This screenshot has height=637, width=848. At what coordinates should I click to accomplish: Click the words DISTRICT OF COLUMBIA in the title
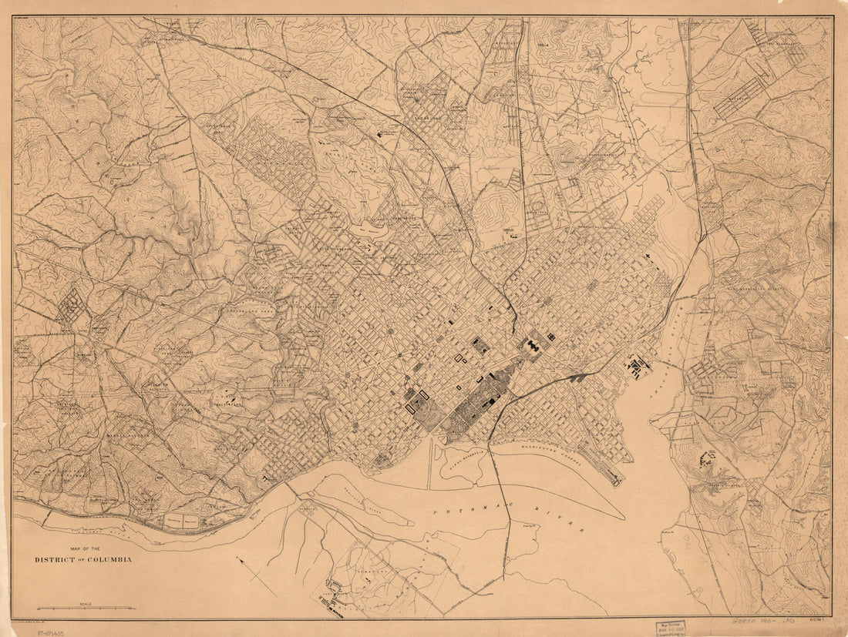pos(82,559)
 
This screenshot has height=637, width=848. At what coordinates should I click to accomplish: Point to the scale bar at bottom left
pos(86,609)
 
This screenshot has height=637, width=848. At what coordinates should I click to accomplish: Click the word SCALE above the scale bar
pos(86,604)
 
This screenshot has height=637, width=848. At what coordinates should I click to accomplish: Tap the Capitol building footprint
pos(532,348)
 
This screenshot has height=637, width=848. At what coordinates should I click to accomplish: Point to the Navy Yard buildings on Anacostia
pos(638,367)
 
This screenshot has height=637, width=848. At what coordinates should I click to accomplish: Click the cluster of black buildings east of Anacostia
pos(705,460)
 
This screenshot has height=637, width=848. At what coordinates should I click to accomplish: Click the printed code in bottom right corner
pos(819,618)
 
